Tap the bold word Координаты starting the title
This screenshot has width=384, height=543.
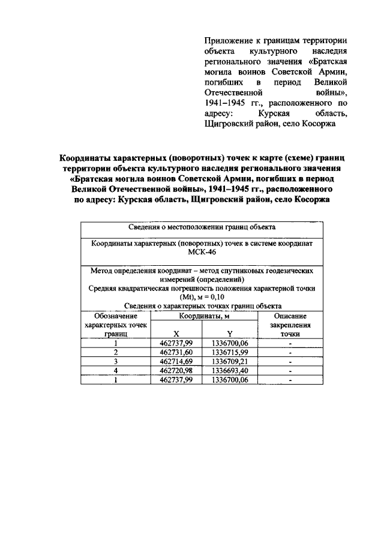click(x=86, y=157)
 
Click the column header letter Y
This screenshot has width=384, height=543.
click(x=230, y=333)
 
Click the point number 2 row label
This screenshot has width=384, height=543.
click(x=116, y=353)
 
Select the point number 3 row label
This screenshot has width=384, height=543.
click(x=116, y=362)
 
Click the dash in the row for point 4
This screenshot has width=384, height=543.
click(x=290, y=372)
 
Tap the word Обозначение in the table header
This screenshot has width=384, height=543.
click(x=116, y=316)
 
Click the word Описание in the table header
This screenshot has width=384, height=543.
click(x=290, y=316)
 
